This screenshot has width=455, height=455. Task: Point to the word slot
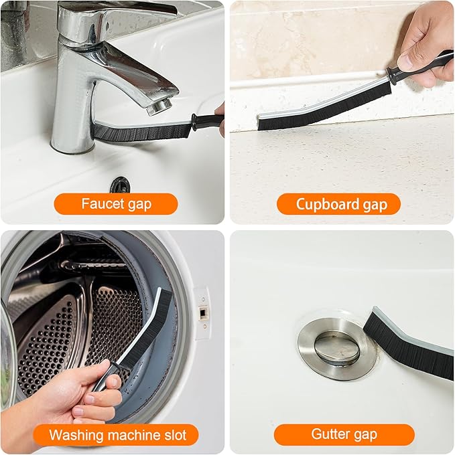[174, 435]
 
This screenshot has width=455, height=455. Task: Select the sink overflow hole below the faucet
[120, 185]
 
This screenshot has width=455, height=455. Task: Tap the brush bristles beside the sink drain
[407, 345]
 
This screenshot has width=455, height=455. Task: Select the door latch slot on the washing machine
[202, 313]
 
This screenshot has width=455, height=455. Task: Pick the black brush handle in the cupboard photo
[418, 67]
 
